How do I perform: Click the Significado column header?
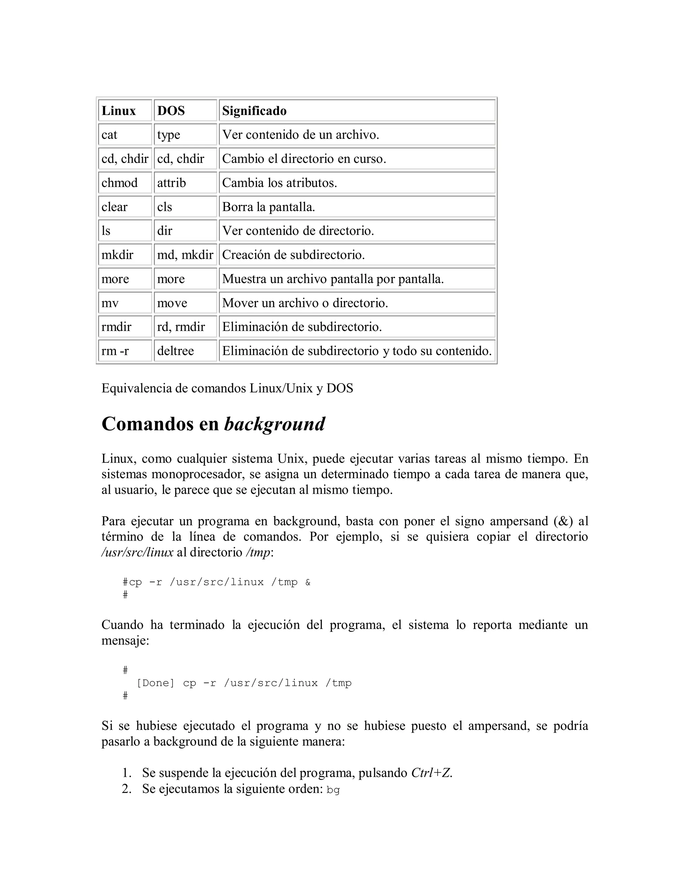pyautogui.click(x=254, y=111)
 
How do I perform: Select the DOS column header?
pyautogui.click(x=171, y=111)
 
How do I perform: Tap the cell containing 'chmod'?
pyautogui.click(x=119, y=183)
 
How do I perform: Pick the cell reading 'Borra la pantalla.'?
pyautogui.click(x=269, y=207)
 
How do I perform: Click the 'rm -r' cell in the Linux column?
pyautogui.click(x=115, y=351)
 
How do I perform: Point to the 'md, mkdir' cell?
pyautogui.click(x=185, y=255)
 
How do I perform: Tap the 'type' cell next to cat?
pyautogui.click(x=168, y=135)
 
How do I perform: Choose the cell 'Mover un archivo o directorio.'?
pyautogui.click(x=305, y=303)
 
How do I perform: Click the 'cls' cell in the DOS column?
pyautogui.click(x=164, y=207)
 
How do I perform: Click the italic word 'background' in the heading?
pyautogui.click(x=275, y=424)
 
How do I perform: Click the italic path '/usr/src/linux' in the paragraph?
pyautogui.click(x=137, y=552)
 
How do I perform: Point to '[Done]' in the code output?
pyautogui.click(x=155, y=683)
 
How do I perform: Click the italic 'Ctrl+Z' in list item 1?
pyautogui.click(x=432, y=773)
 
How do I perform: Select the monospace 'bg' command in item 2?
pyautogui.click(x=333, y=790)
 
